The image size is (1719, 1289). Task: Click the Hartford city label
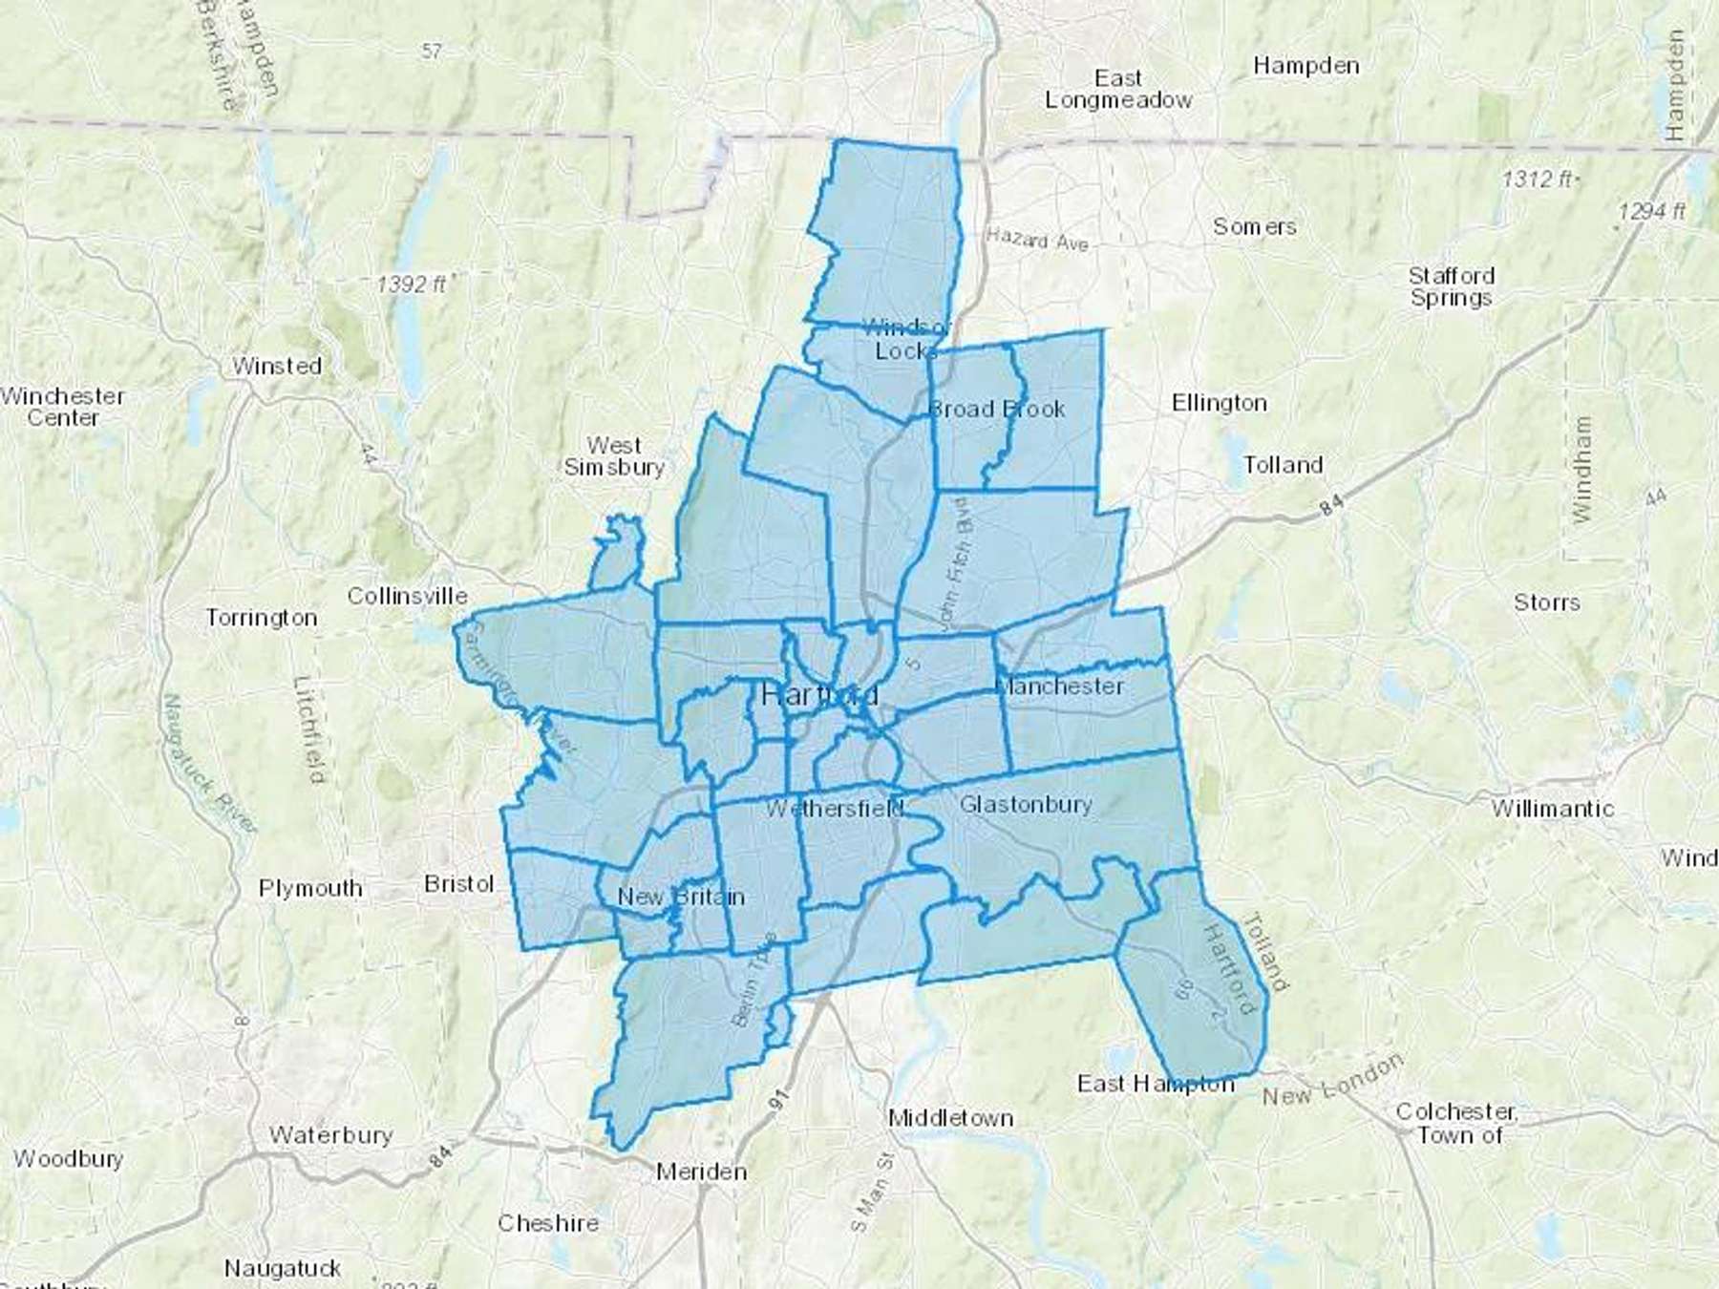click(x=819, y=694)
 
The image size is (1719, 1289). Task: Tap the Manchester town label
click(x=1060, y=686)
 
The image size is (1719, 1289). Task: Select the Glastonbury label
click(x=1026, y=804)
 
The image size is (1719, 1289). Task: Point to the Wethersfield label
click(x=834, y=809)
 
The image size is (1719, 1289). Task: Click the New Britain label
click(x=681, y=897)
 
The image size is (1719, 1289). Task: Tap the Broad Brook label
click(x=997, y=409)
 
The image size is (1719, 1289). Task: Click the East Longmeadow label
click(x=1118, y=89)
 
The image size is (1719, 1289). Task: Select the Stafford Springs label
click(x=1452, y=286)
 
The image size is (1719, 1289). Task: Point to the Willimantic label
click(x=1553, y=809)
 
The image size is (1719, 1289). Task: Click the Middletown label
click(x=950, y=1117)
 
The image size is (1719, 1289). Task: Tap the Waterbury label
click(x=330, y=1135)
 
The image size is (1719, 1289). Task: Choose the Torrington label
click(x=262, y=618)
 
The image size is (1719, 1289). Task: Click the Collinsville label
click(x=407, y=596)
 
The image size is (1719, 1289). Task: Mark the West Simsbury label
click(x=614, y=456)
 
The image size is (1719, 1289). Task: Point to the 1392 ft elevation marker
click(x=411, y=284)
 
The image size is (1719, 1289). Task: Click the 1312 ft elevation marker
click(x=1537, y=179)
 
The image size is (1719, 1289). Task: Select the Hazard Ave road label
click(x=1037, y=240)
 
